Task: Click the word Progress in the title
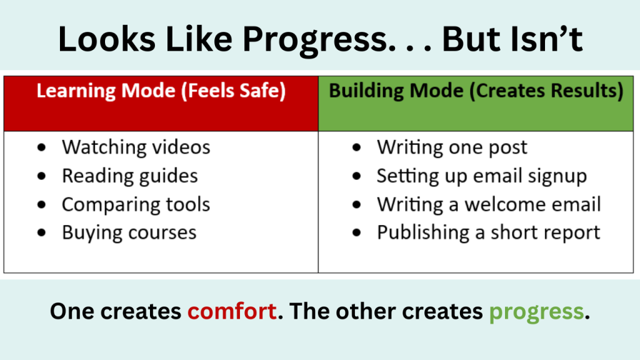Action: tap(309, 40)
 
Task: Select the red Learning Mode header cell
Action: tap(161, 103)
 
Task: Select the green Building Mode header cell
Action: tap(476, 103)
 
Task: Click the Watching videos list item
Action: tap(136, 147)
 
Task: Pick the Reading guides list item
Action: tap(129, 176)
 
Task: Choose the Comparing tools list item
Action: tap(136, 205)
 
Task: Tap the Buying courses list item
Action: tap(129, 233)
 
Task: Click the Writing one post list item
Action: tap(452, 147)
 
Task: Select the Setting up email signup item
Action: tap(481, 176)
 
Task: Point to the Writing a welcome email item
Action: tap(488, 205)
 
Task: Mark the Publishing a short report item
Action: tap(488, 233)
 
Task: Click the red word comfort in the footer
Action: tap(232, 311)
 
